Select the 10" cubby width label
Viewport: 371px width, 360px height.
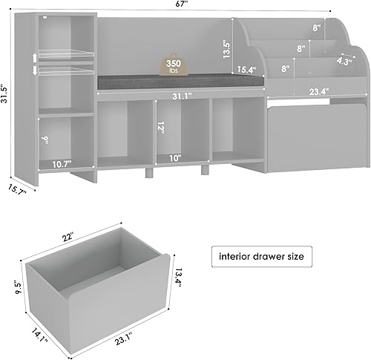[x=175, y=157]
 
